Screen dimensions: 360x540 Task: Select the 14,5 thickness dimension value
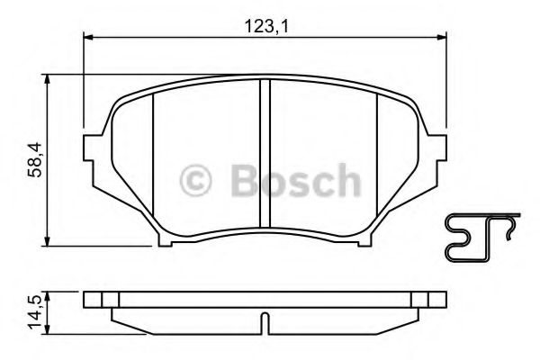[x=33, y=310]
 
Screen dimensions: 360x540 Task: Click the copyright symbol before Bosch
[x=196, y=180]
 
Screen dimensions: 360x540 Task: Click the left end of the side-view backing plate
[x=85, y=299]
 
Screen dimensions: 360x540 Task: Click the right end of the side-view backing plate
[x=445, y=299]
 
